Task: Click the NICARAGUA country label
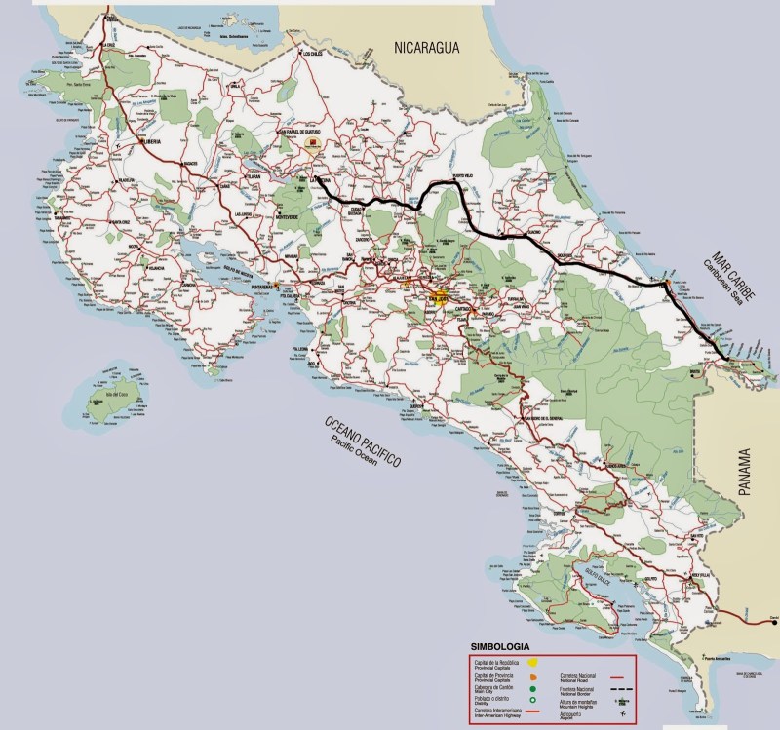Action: point(434,46)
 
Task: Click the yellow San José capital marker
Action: point(440,296)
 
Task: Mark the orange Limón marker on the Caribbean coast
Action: point(666,285)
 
